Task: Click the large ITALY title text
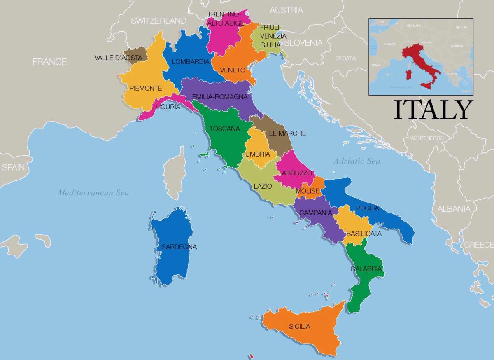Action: coord(432,110)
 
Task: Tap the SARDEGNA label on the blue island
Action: coord(179,247)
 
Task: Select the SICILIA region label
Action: coord(299,327)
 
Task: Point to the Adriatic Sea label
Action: coord(357,161)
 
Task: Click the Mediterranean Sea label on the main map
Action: coord(93,192)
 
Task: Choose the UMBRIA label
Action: coord(258,154)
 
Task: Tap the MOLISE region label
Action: coord(308,191)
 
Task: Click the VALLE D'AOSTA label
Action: coord(118,58)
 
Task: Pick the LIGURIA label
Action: coord(168,107)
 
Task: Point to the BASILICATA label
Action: coord(364,234)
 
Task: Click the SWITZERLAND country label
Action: coord(158,21)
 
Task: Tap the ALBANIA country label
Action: coord(454,209)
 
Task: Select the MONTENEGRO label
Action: coord(426,138)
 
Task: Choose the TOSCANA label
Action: coord(224,129)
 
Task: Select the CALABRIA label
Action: coord(366,269)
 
